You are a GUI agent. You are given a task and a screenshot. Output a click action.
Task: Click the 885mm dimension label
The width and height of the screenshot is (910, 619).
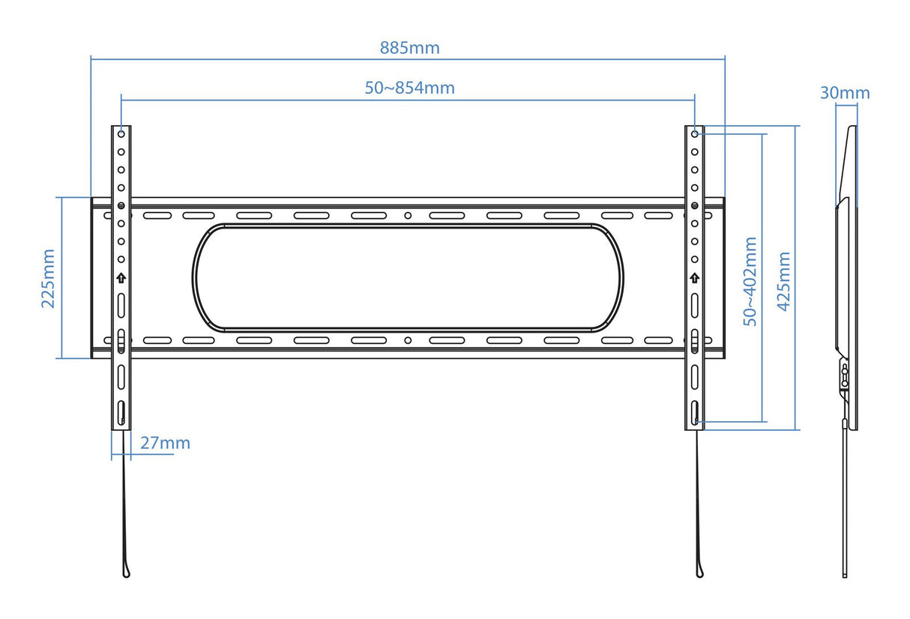point(409,48)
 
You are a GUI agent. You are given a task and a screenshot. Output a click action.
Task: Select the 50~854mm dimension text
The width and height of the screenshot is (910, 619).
point(409,88)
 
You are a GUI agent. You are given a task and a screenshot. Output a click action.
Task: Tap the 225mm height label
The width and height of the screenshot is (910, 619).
point(48,278)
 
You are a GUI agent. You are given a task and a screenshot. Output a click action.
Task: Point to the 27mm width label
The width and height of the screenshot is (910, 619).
point(165,443)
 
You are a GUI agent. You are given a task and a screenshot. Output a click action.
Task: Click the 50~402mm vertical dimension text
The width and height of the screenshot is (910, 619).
point(750,281)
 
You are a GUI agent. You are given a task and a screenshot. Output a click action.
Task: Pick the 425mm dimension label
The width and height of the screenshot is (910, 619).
point(784,281)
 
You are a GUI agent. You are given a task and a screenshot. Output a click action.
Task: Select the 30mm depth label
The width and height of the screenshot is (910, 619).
point(845,93)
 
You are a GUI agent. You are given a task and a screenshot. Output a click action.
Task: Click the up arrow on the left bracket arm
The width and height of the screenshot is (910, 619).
point(121,278)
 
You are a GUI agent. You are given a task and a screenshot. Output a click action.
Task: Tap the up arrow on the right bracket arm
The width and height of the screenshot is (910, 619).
point(695,278)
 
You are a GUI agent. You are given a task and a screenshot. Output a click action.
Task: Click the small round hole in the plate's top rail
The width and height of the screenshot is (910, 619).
point(408,216)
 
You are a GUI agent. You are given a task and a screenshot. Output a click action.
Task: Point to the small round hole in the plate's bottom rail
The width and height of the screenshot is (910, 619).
point(408,340)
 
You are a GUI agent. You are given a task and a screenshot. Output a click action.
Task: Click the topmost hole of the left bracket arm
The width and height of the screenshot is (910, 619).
point(121,134)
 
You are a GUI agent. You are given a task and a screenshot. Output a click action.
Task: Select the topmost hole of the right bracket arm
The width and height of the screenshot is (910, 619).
point(695,134)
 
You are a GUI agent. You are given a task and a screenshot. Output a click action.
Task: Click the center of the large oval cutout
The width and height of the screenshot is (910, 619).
point(408,278)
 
